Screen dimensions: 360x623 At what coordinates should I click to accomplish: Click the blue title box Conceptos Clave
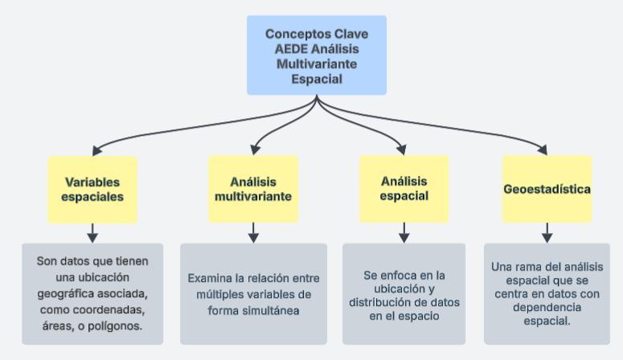click(317, 55)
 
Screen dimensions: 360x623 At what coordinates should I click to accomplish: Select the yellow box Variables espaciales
click(92, 189)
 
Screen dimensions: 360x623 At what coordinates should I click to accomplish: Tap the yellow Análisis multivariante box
click(253, 189)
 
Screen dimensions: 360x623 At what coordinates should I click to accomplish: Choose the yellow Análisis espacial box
click(404, 189)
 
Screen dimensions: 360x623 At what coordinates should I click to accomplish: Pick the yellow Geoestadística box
click(547, 190)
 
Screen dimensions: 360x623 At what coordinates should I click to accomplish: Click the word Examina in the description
click(211, 279)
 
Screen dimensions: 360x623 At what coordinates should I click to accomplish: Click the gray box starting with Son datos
click(92, 293)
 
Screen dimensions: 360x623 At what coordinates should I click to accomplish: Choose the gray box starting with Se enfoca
click(404, 293)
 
